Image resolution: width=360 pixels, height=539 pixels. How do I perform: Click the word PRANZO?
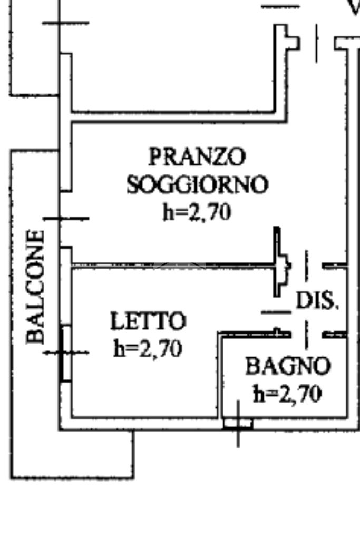[x=197, y=156]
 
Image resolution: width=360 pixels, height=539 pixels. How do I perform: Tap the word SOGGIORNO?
[x=197, y=184]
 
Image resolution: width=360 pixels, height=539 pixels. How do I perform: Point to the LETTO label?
[x=148, y=321]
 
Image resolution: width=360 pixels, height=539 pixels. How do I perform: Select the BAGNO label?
[x=288, y=366]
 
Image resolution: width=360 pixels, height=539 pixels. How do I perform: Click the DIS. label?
[x=316, y=300]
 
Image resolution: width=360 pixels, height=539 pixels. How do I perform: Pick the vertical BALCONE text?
[x=35, y=287]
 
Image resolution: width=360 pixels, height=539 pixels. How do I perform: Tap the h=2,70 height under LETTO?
[x=148, y=348]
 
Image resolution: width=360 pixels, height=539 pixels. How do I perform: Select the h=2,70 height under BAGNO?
[x=288, y=394]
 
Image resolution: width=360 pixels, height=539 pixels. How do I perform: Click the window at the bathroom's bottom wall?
[x=238, y=423]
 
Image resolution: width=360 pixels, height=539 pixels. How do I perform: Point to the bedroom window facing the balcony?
[x=66, y=352]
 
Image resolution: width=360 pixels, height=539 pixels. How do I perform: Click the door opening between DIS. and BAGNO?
[x=306, y=334]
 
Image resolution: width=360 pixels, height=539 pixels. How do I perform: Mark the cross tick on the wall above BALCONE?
[x=66, y=218]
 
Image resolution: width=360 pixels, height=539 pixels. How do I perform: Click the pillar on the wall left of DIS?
[x=280, y=262]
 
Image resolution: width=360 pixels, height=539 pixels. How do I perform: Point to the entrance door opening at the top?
[x=317, y=42]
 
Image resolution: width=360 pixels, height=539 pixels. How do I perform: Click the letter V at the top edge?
[x=353, y=6]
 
